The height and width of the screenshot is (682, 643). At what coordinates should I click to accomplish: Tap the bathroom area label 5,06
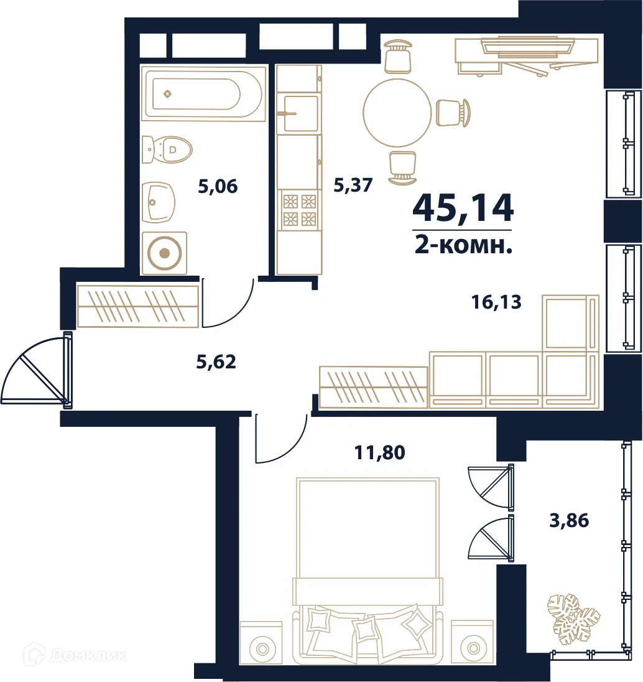coord(218,186)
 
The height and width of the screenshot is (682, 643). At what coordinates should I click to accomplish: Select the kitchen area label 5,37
coord(353,185)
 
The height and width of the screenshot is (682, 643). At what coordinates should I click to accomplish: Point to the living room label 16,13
coord(496,301)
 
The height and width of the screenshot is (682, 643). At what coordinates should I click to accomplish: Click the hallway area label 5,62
coord(216,362)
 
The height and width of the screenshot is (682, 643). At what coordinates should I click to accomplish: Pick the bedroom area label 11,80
coord(379,452)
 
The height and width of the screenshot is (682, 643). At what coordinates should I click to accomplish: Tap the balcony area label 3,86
coord(569,520)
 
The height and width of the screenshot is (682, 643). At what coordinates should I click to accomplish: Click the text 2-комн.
coord(463,246)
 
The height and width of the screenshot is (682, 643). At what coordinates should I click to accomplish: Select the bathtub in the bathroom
coord(203,93)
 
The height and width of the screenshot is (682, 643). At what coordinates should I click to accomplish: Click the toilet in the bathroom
coord(167,149)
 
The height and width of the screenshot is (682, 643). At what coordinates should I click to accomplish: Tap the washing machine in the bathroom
coord(164,253)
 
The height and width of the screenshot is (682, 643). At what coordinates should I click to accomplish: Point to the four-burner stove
coord(299,210)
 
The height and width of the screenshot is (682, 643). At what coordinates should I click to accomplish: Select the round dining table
coord(397,113)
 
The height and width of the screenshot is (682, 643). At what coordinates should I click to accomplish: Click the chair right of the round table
coord(453,113)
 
